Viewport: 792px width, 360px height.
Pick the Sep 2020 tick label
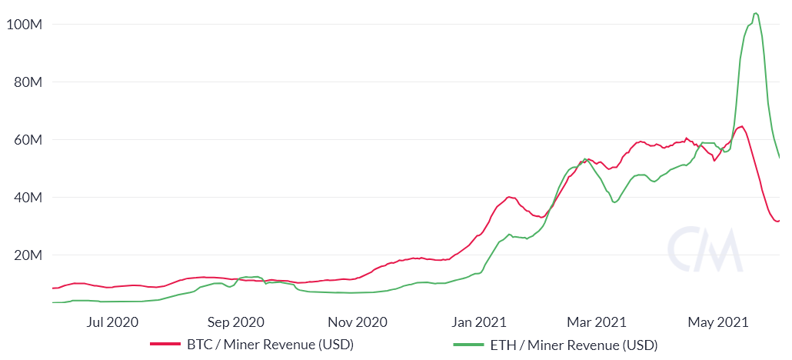pyautogui.click(x=237, y=322)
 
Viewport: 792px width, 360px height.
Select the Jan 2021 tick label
pyautogui.click(x=480, y=322)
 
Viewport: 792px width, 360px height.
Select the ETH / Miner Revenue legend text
pyautogui.click(x=574, y=345)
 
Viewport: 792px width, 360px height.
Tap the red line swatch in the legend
pyautogui.click(x=165, y=345)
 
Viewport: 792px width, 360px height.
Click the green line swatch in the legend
pyautogui.click(x=468, y=345)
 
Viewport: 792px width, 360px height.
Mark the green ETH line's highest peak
pyautogui.click(x=756, y=13)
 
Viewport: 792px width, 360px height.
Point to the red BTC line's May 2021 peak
pyautogui.click(x=741, y=126)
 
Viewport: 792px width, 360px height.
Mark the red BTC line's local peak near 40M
pyautogui.click(x=509, y=197)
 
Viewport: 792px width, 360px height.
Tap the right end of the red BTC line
pyautogui.click(x=778, y=221)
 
